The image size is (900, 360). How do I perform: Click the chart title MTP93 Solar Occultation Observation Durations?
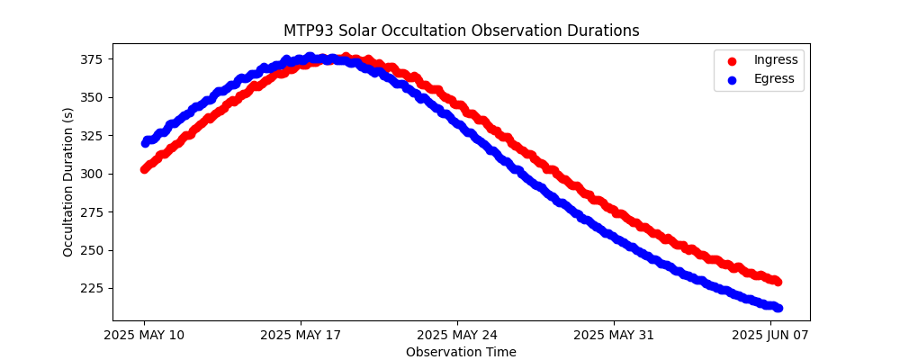coord(461,31)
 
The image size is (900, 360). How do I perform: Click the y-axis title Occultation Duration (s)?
coord(68,182)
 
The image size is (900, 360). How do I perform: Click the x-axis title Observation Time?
coord(461,352)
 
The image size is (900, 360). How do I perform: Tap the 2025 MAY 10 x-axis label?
coord(144,336)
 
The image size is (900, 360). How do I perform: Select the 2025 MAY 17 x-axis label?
coord(301,336)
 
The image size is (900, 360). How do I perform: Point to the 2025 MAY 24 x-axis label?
coord(457,336)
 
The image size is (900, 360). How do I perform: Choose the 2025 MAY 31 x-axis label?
coord(614,336)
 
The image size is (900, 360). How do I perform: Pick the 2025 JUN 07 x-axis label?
coord(770,336)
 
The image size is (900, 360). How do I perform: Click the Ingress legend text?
coord(776,60)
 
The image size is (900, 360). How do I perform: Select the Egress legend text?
coord(774,79)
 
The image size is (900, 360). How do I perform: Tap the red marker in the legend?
coord(732,60)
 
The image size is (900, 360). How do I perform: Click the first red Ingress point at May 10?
coord(144,168)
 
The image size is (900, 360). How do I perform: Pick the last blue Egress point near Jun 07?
coord(778,308)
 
